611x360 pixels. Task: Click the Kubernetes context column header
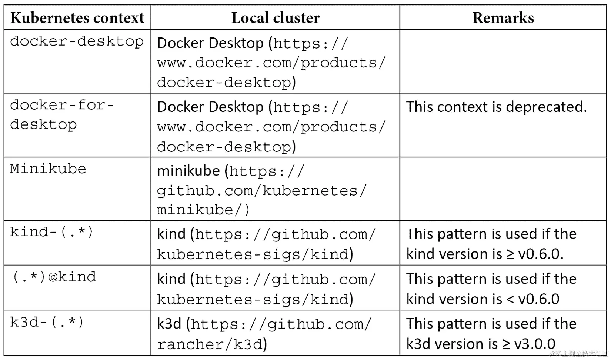point(77,18)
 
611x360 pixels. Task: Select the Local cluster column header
point(275,18)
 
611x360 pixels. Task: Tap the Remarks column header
point(503,18)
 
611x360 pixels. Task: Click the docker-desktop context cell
point(77,41)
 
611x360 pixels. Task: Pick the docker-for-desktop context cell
point(62,115)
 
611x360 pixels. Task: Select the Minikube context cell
point(48,169)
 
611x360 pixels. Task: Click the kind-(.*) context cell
point(51,232)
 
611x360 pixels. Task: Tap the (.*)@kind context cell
point(54,277)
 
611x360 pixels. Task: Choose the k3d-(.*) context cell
point(47,322)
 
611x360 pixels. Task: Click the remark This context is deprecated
point(496,107)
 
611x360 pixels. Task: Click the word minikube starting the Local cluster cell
point(188,171)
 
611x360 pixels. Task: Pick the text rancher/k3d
point(210,344)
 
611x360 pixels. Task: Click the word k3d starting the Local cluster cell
point(169,324)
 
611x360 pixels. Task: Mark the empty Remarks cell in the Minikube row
point(503,189)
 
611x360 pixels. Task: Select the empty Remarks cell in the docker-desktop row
point(503,61)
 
